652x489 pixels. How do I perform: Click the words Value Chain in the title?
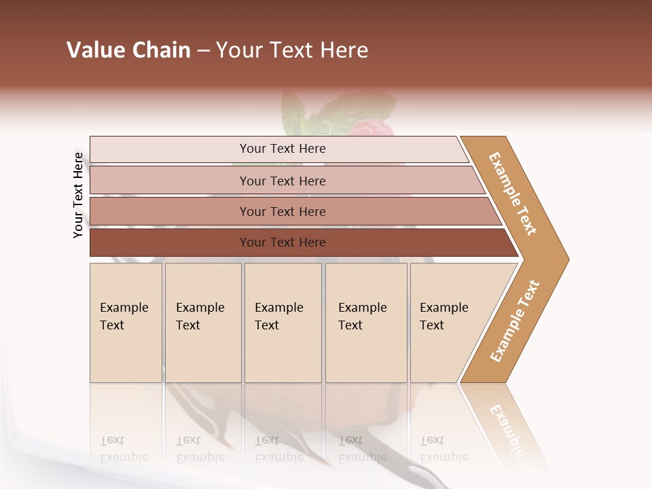128,50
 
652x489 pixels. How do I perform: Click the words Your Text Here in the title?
292,50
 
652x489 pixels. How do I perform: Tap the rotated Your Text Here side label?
78,196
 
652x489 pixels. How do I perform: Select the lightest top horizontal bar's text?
283,149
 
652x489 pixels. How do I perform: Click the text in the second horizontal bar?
283,181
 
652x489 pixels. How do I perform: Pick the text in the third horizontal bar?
283,212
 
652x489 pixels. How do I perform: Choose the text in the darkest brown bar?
283,242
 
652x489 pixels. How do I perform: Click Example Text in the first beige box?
124,316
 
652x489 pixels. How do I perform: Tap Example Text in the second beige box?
200,316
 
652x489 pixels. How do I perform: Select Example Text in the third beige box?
278,316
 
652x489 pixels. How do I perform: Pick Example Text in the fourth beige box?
362,316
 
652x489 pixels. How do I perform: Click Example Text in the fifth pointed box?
443,316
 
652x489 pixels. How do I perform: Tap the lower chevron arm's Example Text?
515,321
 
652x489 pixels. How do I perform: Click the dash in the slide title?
203,51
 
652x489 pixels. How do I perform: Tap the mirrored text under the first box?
124,449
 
